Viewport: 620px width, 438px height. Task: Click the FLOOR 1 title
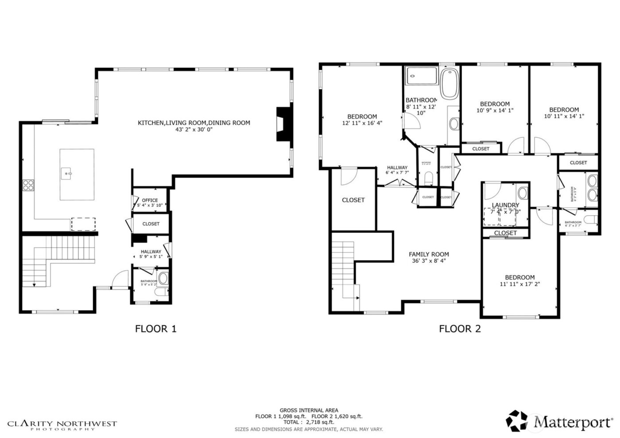[155, 329]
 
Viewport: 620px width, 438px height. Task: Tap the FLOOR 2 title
[460, 329]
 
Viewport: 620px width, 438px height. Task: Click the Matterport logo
[560, 421]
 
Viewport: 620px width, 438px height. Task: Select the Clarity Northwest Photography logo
[62, 425]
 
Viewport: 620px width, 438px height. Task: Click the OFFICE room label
[150, 200]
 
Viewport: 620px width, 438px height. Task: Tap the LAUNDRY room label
[505, 205]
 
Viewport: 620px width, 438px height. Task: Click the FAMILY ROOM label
[429, 254]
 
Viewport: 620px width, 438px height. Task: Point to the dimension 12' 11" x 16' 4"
[362, 123]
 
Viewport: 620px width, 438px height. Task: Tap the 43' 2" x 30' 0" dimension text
[194, 130]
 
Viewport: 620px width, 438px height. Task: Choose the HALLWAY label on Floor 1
[151, 252]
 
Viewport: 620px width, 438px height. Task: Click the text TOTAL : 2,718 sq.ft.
[309, 422]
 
